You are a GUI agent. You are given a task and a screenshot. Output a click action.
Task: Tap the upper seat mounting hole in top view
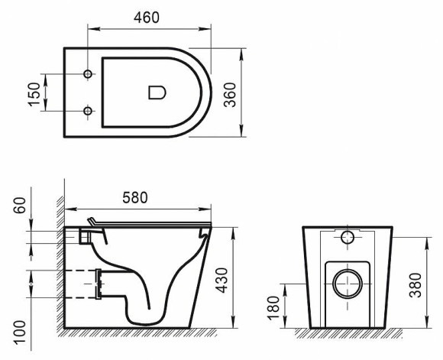click(88, 74)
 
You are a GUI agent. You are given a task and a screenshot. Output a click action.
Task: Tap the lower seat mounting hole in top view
click(88, 112)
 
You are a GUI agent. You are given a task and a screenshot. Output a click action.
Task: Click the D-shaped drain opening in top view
click(156, 92)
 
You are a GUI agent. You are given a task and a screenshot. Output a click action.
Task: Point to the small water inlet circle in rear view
click(348, 236)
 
